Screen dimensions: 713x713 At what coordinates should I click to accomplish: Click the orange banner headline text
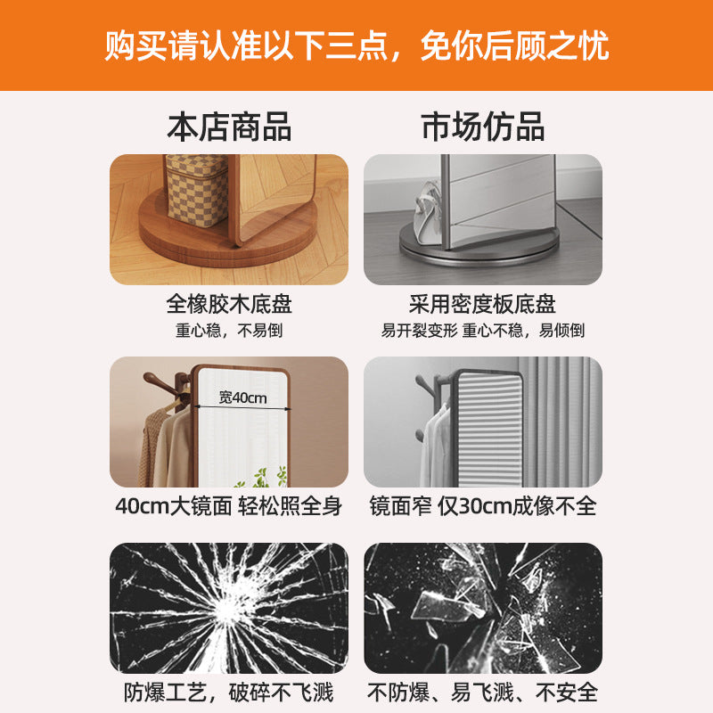pos(356,45)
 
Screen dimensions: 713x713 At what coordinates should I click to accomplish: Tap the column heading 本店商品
pos(229,127)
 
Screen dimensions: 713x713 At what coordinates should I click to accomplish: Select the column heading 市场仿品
pos(483,127)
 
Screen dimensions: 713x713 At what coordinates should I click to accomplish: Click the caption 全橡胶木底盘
pos(229,305)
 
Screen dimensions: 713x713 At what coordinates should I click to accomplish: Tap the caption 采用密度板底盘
pos(483,305)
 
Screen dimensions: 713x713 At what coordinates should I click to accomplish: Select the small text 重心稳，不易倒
pos(229,331)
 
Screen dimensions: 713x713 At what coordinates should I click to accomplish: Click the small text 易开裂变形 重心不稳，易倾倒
pos(483,331)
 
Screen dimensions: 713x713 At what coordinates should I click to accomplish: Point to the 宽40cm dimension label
pos(242,397)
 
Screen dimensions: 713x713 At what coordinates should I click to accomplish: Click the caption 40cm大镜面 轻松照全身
pos(229,506)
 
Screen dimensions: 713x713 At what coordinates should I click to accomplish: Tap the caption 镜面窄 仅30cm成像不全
pos(483,506)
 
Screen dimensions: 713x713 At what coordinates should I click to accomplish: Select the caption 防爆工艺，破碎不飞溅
pos(229,691)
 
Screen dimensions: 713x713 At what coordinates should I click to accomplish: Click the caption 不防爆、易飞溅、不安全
pos(483,691)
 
